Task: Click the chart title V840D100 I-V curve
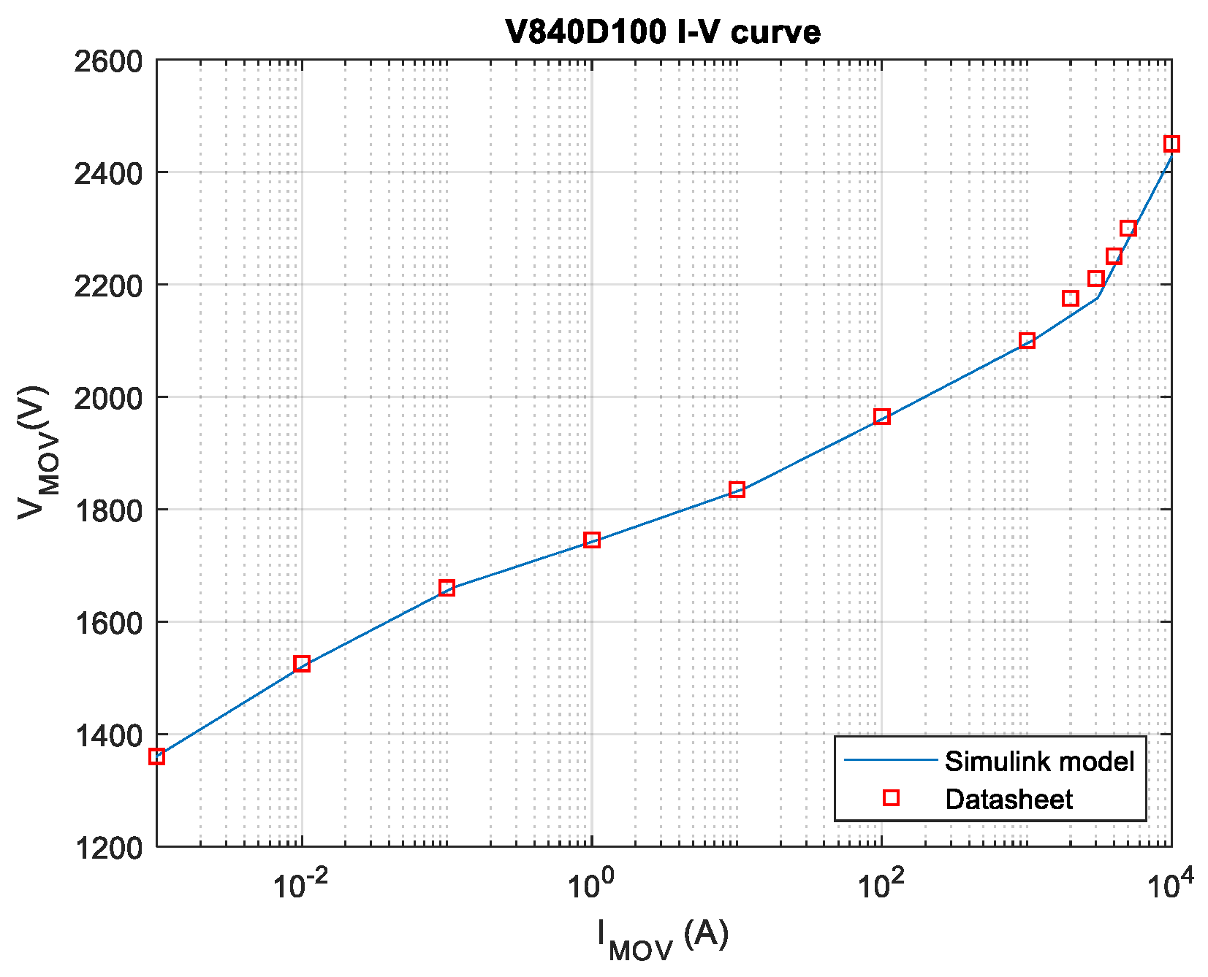[663, 31]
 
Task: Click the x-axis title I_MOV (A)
[663, 940]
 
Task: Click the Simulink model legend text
[1039, 761]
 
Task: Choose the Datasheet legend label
[1008, 799]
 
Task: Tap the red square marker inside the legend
[891, 798]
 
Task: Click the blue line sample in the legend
[891, 760]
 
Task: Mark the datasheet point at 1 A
[592, 540]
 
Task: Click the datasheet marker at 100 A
[882, 417]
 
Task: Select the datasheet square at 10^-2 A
[302, 664]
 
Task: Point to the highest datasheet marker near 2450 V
[1171, 144]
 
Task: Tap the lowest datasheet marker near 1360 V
[157, 756]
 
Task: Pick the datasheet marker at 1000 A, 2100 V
[1027, 341]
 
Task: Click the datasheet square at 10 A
[737, 489]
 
